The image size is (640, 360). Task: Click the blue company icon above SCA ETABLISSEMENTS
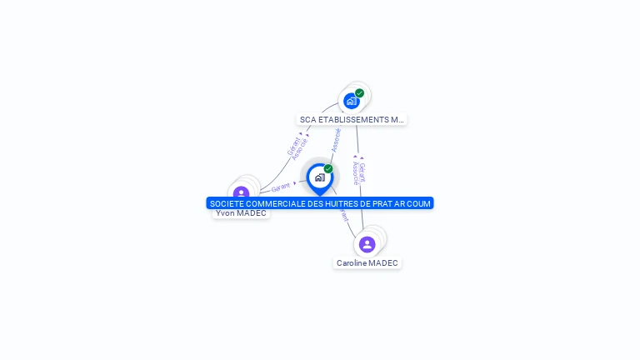point(352,101)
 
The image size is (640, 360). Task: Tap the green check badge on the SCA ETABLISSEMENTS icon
point(359,93)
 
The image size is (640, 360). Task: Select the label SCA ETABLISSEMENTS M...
point(352,120)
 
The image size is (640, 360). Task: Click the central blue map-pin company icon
point(319,177)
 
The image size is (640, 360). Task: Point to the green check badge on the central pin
point(328,169)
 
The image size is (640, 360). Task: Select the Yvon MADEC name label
point(241,213)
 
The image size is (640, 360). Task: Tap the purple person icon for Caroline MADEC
point(367,244)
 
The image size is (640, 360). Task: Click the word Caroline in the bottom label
point(351,263)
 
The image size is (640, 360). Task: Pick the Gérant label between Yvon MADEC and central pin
point(281,187)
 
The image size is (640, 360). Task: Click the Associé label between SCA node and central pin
point(336,139)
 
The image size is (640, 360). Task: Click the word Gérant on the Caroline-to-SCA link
point(362,172)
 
